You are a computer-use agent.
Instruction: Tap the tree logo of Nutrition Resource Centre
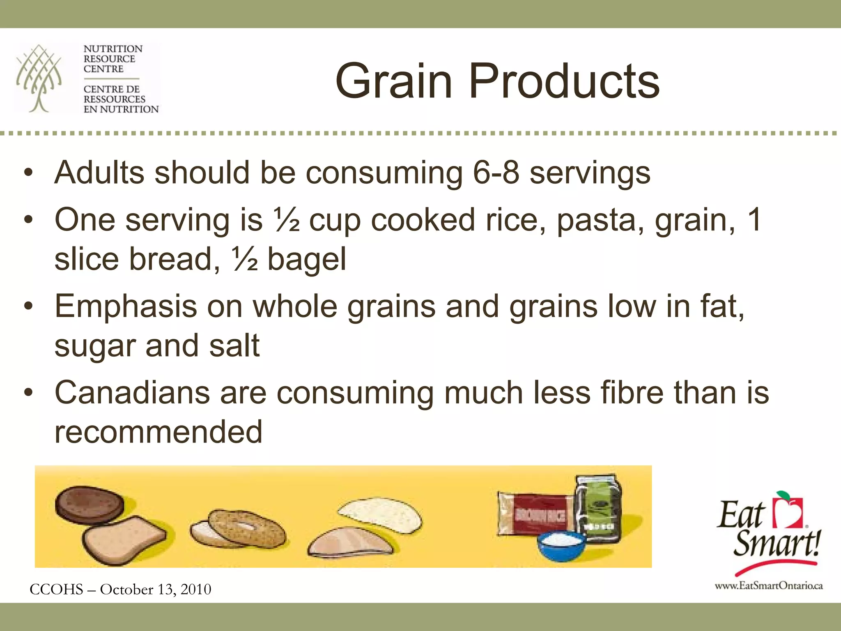click(x=39, y=78)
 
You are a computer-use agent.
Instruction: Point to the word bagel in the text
click(x=307, y=260)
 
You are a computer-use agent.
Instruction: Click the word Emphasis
click(x=126, y=306)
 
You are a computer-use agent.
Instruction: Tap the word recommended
click(x=158, y=432)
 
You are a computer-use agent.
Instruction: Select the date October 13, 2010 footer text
click(x=156, y=590)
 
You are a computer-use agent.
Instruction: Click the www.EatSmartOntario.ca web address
click(x=768, y=586)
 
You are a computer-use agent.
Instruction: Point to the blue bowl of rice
click(x=562, y=545)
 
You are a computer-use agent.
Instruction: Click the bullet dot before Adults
click(x=28, y=173)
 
